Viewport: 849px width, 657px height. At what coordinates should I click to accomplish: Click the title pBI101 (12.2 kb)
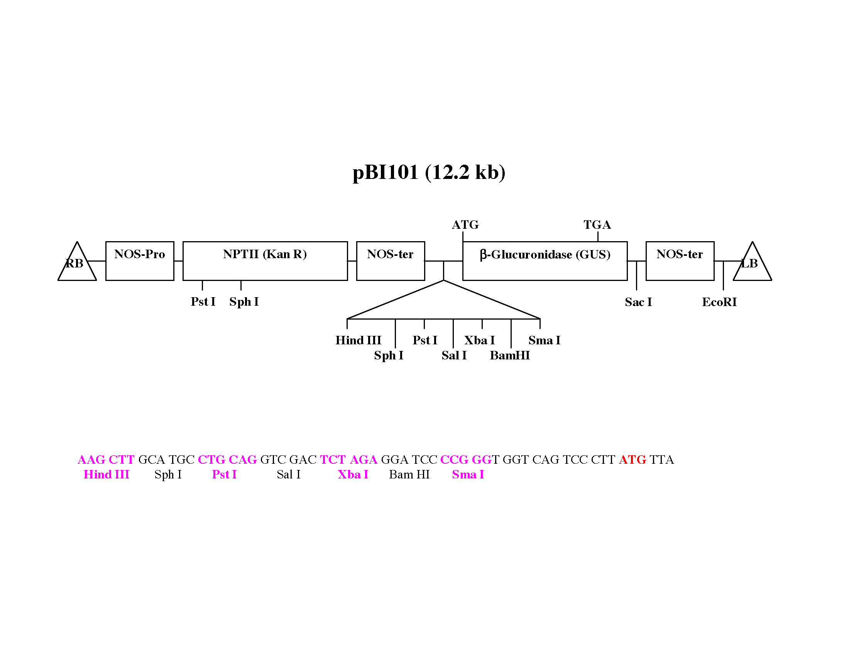pyautogui.click(x=428, y=172)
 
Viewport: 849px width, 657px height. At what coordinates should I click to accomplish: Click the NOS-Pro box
pyautogui.click(x=140, y=261)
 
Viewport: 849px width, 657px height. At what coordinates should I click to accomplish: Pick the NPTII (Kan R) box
pyautogui.click(x=265, y=261)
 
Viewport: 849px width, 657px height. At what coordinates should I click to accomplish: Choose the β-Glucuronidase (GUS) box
pyautogui.click(x=545, y=261)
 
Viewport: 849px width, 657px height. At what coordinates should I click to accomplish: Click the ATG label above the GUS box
pyautogui.click(x=465, y=225)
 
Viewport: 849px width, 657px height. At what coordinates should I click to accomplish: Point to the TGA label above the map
pyautogui.click(x=597, y=225)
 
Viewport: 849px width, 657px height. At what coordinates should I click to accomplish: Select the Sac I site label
pyautogui.click(x=638, y=302)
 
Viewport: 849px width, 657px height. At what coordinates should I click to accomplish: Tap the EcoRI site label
pyautogui.click(x=719, y=302)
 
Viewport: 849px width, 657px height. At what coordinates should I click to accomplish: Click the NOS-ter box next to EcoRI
pyautogui.click(x=680, y=261)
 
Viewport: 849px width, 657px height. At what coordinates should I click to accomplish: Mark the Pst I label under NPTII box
pyautogui.click(x=203, y=302)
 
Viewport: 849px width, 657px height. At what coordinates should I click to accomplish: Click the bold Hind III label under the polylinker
pyautogui.click(x=358, y=340)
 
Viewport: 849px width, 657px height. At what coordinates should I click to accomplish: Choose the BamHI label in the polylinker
pyautogui.click(x=509, y=355)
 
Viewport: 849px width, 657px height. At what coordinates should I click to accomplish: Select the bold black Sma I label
pyautogui.click(x=544, y=340)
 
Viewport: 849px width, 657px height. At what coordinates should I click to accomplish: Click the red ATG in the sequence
pyautogui.click(x=632, y=460)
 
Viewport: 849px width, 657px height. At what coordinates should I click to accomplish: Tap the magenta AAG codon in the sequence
pyautogui.click(x=91, y=460)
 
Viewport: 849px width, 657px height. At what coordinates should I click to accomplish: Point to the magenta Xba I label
pyautogui.click(x=353, y=475)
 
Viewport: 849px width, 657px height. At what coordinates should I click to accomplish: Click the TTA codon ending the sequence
pyautogui.click(x=661, y=460)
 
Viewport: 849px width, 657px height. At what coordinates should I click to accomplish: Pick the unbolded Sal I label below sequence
pyautogui.click(x=288, y=475)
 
